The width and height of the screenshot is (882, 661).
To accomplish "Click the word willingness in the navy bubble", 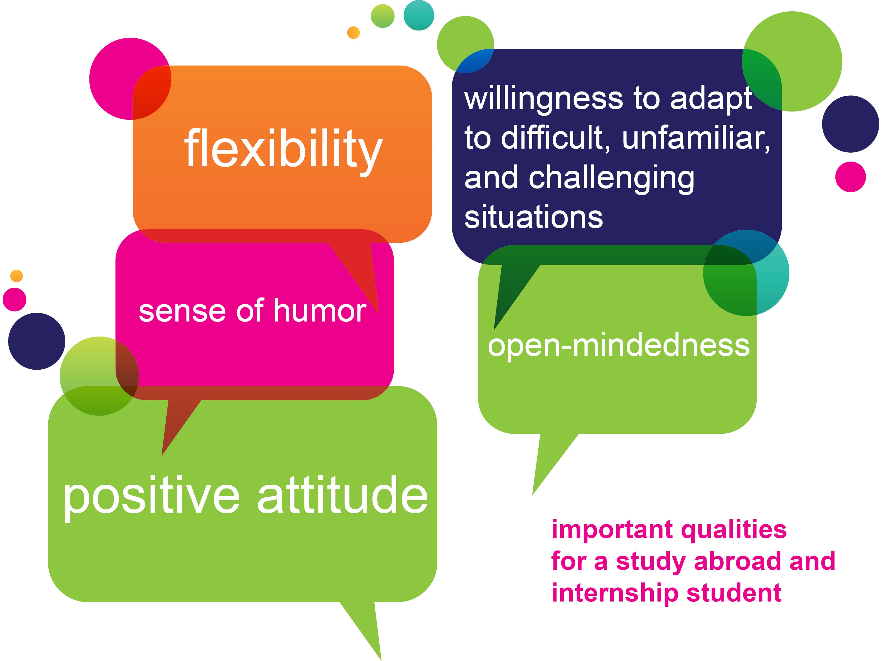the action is [x=543, y=100].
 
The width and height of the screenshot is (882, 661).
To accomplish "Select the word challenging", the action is [x=612, y=179].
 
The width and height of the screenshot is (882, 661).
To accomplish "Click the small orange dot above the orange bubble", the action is [x=353, y=33].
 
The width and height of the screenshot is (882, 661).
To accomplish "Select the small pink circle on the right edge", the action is [x=851, y=177].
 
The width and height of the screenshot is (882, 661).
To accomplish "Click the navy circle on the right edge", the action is [x=851, y=124].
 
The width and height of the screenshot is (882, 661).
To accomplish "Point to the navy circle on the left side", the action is [x=37, y=341].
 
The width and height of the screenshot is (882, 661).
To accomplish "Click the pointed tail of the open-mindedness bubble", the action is [x=533, y=494].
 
